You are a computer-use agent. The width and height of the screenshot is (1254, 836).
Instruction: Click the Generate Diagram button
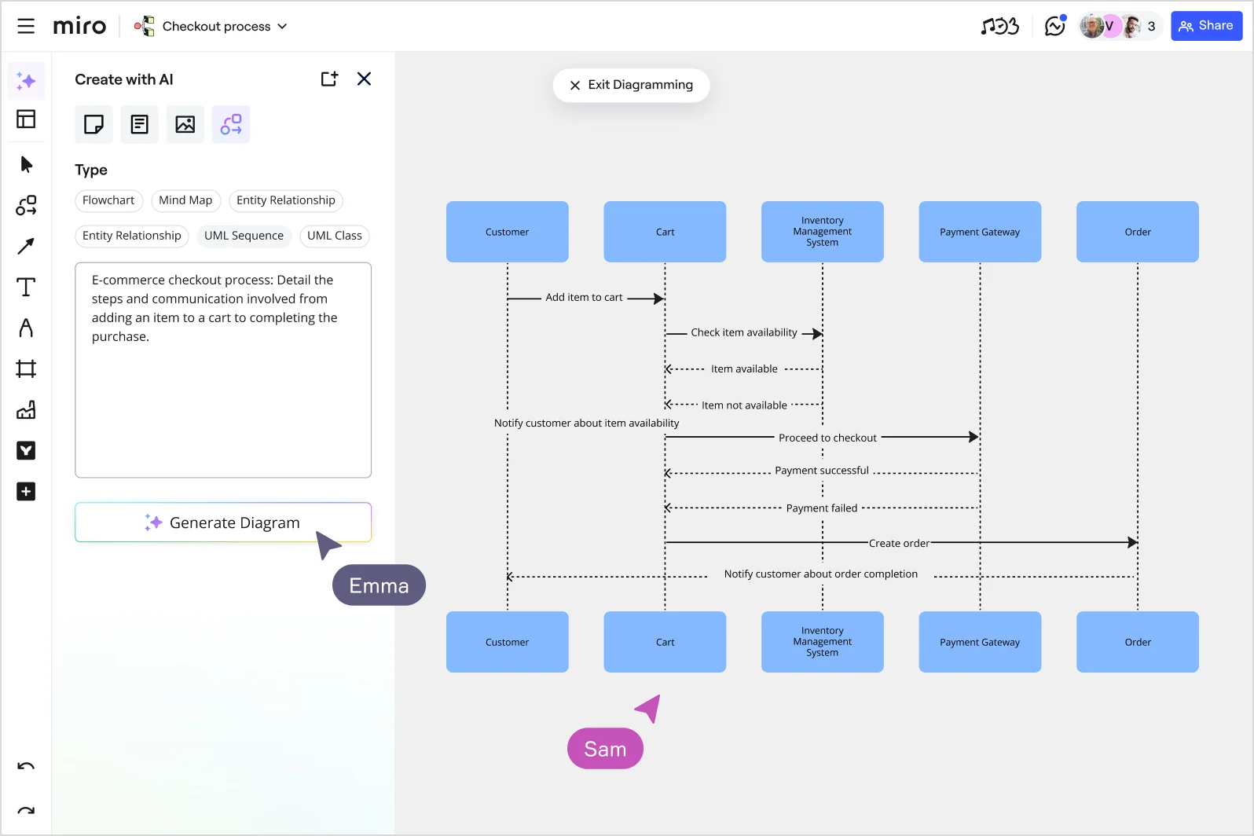[222, 522]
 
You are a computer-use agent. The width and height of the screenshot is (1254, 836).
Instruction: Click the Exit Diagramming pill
[631, 85]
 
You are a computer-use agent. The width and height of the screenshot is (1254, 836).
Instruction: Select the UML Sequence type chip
[244, 236]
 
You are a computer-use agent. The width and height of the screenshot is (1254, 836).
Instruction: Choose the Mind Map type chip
[185, 200]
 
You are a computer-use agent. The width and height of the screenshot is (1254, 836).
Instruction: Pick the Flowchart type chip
[108, 200]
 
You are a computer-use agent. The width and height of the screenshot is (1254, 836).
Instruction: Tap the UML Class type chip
[334, 236]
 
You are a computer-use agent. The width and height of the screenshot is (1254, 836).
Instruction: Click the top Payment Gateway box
[979, 232]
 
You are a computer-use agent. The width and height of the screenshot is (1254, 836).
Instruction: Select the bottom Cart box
[665, 642]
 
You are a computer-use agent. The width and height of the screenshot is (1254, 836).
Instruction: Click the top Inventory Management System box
[822, 232]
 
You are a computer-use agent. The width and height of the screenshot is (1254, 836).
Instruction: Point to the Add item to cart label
[584, 298]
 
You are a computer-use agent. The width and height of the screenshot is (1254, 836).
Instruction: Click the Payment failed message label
[821, 508]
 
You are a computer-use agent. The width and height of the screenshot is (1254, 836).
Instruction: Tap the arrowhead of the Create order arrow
[1132, 542]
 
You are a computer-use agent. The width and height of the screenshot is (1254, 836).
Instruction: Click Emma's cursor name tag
[379, 585]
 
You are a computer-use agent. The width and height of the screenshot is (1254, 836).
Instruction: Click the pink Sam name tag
[605, 749]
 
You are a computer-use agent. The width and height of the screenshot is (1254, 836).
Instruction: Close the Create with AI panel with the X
[364, 79]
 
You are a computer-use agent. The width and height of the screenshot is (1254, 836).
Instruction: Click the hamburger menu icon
[26, 26]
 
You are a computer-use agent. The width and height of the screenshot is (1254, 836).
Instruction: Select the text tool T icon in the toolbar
[26, 287]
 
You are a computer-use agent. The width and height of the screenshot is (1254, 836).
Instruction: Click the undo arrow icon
[26, 766]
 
